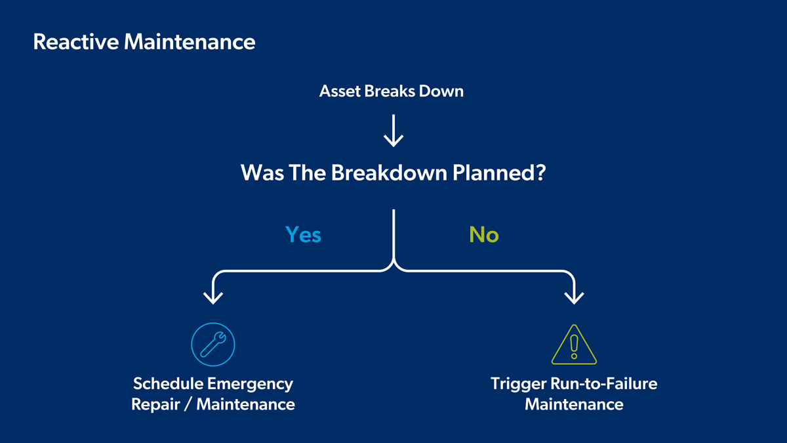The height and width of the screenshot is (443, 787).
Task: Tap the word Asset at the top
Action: [x=338, y=91]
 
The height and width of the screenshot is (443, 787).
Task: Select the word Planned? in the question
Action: [x=499, y=173]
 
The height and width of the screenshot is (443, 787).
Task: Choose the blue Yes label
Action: [x=303, y=234]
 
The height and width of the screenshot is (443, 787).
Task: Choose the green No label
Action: [x=484, y=234]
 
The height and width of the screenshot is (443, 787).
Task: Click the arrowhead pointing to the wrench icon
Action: [x=212, y=297]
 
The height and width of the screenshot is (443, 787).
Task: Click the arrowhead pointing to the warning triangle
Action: [x=575, y=297]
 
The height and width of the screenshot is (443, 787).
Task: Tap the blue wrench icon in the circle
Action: [x=212, y=343]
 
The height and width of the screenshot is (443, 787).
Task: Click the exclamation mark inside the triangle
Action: [x=575, y=346]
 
